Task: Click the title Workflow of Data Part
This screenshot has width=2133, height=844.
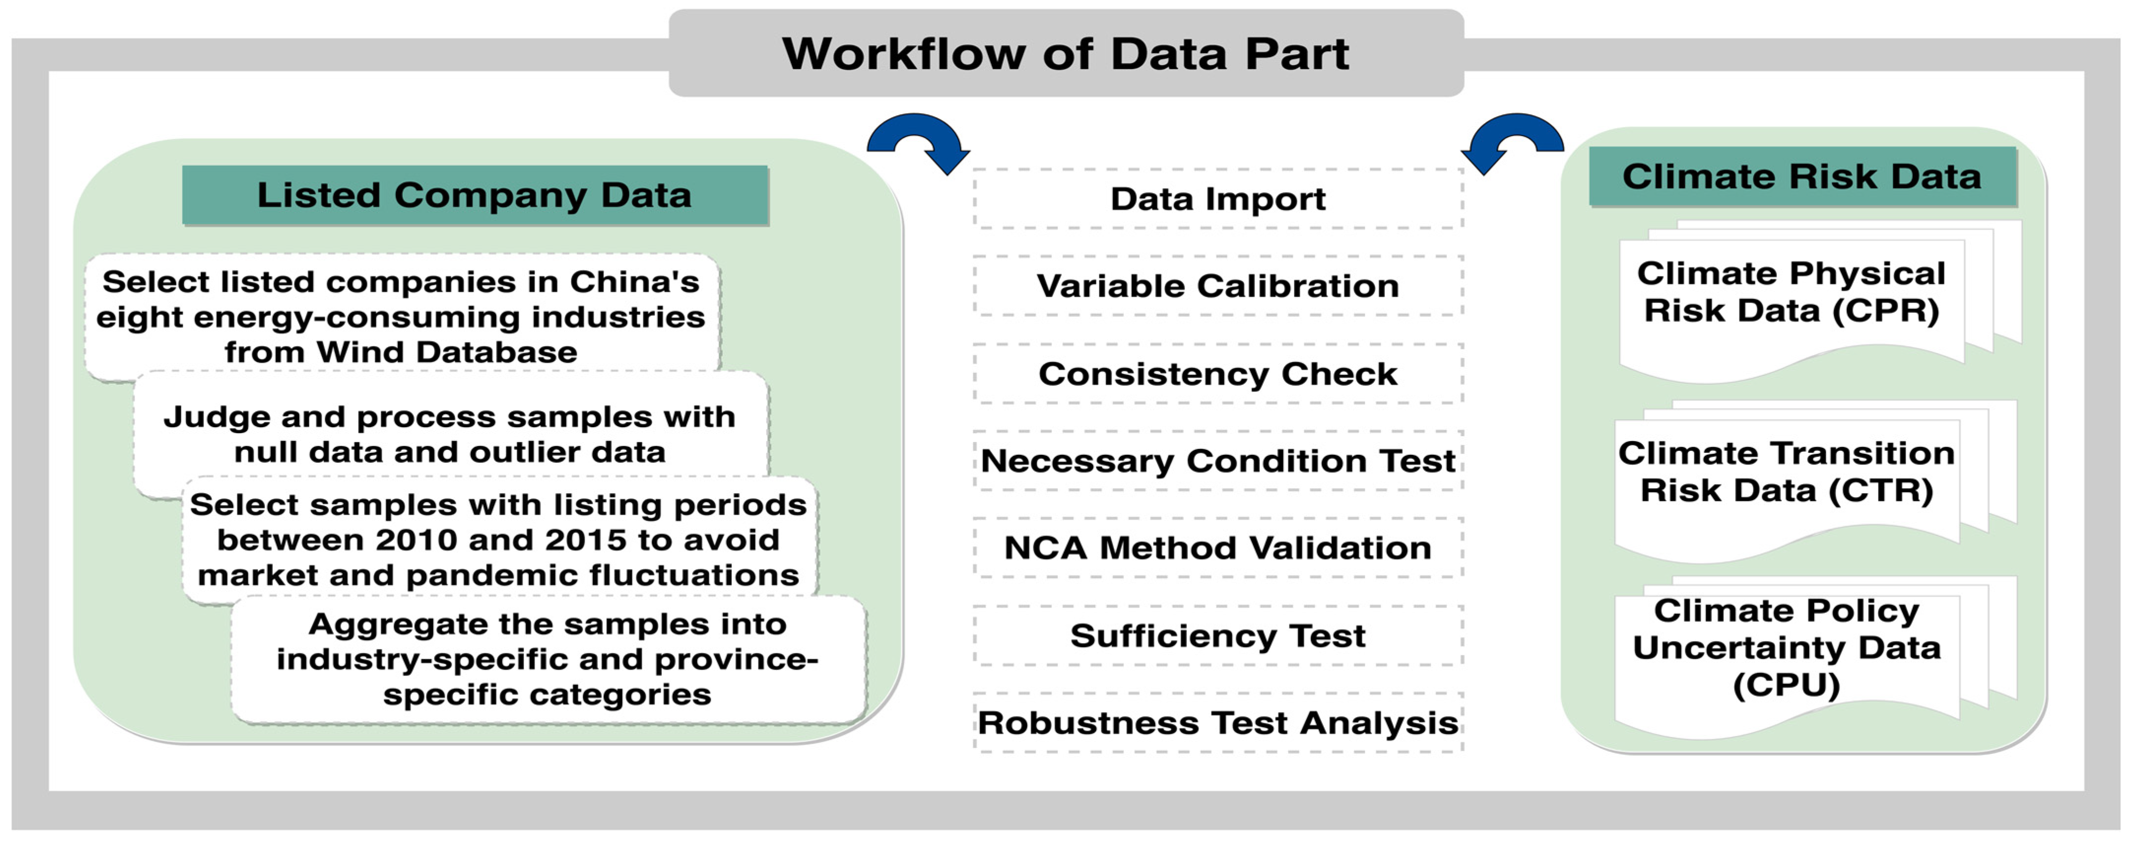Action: [x=1066, y=54]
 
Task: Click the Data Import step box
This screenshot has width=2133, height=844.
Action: [x=1217, y=199]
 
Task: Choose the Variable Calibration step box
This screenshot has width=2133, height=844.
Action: [x=1217, y=286]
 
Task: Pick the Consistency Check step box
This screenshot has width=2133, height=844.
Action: [x=1217, y=373]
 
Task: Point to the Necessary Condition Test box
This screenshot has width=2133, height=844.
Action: [x=1217, y=461]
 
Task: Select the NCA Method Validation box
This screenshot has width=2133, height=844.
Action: [x=1217, y=547]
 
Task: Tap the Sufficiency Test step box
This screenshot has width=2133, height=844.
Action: [x=1217, y=635]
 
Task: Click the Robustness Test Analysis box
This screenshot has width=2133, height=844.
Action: [x=1217, y=722]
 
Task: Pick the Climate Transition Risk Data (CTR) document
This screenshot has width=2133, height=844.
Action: [x=1786, y=472]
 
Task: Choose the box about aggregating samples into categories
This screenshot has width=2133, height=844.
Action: [x=547, y=659]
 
